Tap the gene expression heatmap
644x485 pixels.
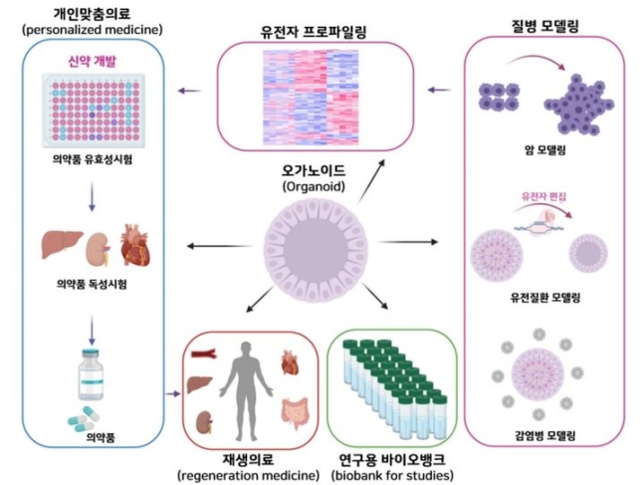311,97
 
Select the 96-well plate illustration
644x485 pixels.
94,111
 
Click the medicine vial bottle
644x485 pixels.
91,374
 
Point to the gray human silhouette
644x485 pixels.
246,390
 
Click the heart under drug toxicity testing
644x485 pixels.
135,245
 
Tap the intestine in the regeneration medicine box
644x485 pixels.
294,412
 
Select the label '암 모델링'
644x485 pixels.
545,150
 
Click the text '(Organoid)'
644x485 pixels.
314,187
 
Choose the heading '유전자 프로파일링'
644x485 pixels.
314,32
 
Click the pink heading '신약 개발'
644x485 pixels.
93,61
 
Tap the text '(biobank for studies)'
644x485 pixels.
392,476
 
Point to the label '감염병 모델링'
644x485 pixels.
545,435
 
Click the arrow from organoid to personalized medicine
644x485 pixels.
219,246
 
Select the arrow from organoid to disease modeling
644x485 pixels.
407,242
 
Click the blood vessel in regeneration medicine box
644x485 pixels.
204,354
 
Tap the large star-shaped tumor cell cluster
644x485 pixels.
578,105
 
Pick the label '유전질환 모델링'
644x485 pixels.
545,297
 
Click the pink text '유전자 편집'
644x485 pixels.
543,196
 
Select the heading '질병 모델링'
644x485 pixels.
545,26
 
